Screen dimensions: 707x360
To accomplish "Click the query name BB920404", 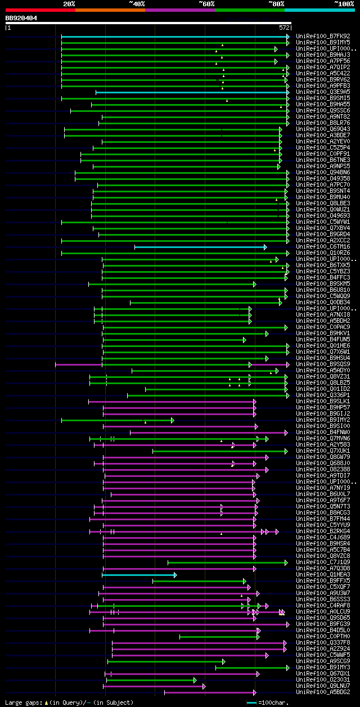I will [21, 18].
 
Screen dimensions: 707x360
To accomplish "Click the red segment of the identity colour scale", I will [40, 10].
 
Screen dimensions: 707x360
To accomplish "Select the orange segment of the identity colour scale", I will [110, 10].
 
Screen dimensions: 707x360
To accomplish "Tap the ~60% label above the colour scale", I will [206, 4].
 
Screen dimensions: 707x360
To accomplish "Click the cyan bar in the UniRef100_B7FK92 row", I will [174, 36].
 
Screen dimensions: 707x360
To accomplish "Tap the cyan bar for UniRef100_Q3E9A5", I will [191, 92].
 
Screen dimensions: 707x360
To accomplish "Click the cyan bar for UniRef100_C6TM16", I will [200, 246].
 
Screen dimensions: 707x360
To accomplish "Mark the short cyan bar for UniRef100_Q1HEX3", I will [138, 574].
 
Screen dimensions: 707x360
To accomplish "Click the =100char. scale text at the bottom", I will [274, 703].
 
